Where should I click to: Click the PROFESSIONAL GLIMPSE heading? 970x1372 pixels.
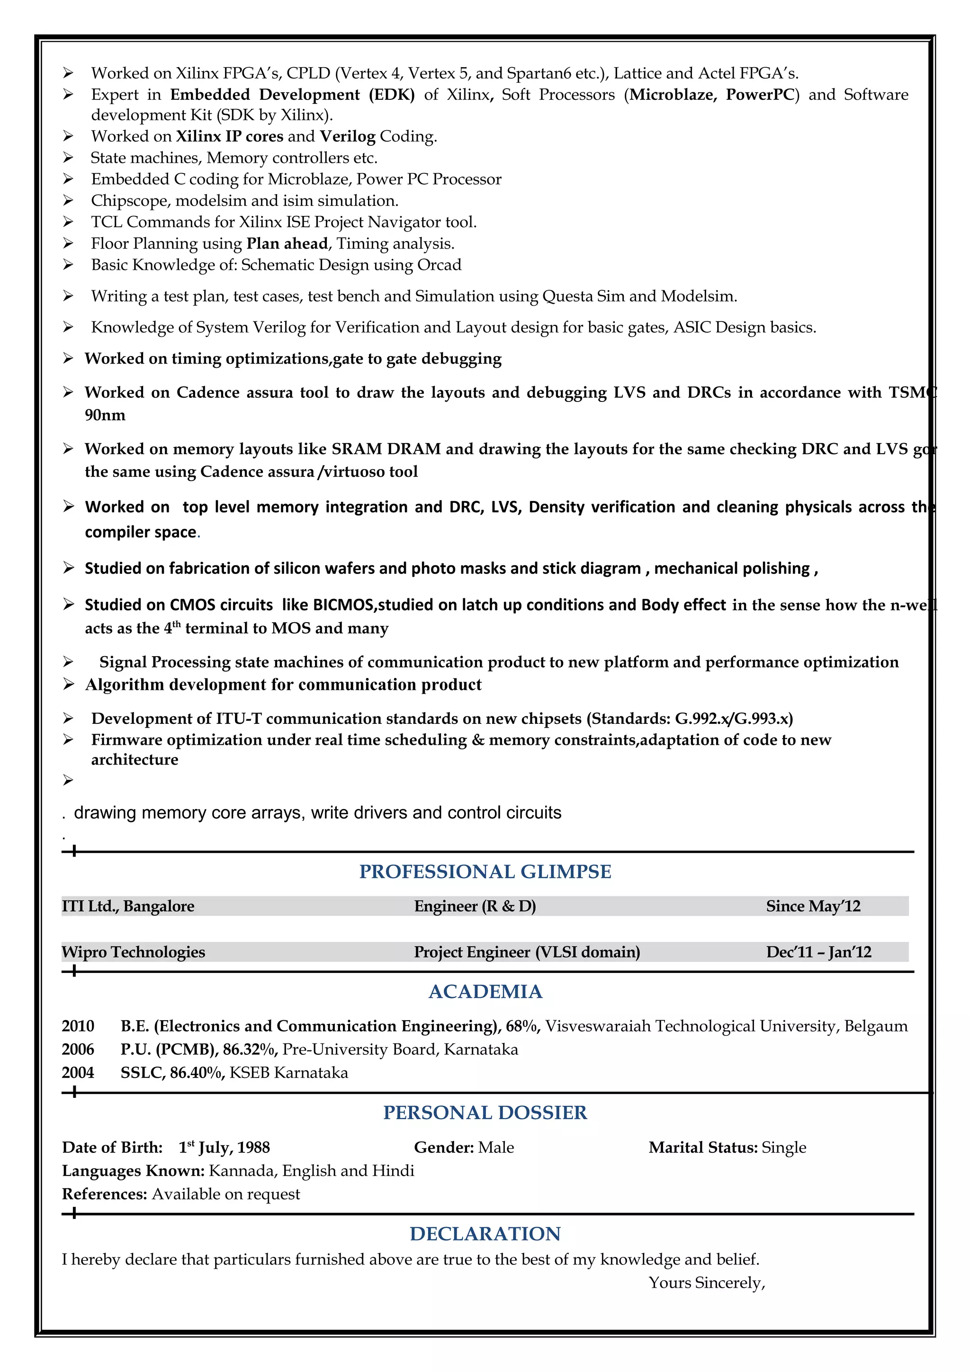click(x=485, y=872)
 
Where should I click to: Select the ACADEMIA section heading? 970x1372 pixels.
click(x=485, y=992)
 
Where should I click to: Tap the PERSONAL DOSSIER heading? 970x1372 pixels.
click(x=485, y=1113)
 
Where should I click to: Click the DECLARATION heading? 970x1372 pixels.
click(x=485, y=1233)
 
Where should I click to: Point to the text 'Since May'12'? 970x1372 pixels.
click(x=813, y=907)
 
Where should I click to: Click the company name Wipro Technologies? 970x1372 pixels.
click(x=133, y=952)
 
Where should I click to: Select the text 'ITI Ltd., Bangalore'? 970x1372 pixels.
click(x=128, y=907)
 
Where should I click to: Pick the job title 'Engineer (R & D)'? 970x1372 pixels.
click(x=475, y=907)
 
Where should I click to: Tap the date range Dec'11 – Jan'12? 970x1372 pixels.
click(x=818, y=952)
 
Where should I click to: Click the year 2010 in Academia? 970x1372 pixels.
click(x=78, y=1026)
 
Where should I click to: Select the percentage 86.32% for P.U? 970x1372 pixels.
click(x=249, y=1049)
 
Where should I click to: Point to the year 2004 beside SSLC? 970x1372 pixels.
click(x=78, y=1073)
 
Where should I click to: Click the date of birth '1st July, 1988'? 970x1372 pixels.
click(x=224, y=1147)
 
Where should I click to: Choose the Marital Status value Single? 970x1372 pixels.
click(x=783, y=1147)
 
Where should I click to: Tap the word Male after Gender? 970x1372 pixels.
click(x=495, y=1147)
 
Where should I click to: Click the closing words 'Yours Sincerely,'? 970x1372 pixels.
click(x=707, y=1283)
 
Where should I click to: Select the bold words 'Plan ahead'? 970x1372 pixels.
click(x=287, y=244)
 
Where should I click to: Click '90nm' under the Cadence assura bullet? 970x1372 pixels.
click(x=105, y=415)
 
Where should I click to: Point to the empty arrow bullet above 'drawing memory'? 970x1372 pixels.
click(x=68, y=780)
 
